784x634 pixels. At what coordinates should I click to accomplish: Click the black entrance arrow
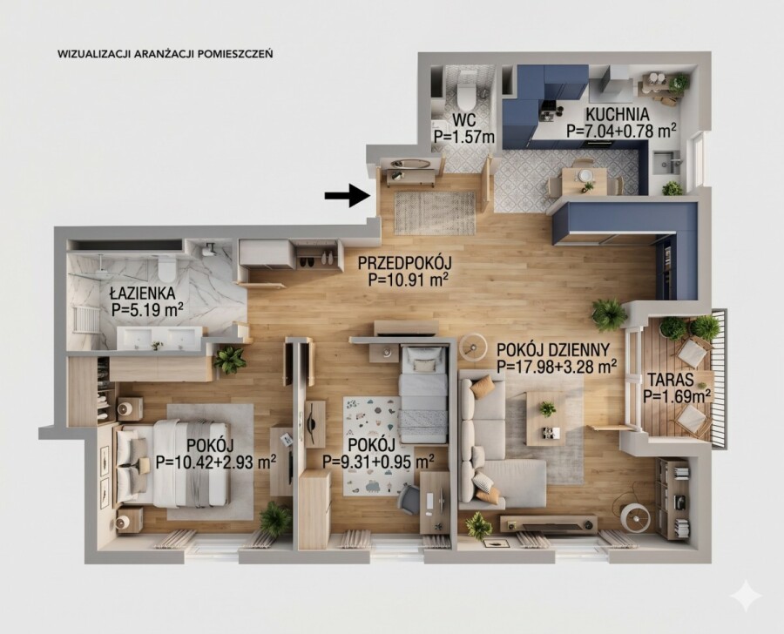347,195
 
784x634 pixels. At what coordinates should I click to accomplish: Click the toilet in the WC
466,97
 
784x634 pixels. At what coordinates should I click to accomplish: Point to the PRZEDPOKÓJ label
405,262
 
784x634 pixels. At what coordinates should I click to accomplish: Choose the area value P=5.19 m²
147,309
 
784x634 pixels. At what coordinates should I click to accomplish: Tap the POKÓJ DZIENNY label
552,349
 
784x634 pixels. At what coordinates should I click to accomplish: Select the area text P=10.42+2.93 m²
216,462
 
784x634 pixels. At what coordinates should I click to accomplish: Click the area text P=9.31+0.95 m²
378,461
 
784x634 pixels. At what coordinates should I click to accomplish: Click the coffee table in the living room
546,419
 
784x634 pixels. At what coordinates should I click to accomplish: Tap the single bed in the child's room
422,395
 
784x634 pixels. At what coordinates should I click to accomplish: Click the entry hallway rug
435,212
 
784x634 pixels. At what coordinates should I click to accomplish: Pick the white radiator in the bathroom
85,319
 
